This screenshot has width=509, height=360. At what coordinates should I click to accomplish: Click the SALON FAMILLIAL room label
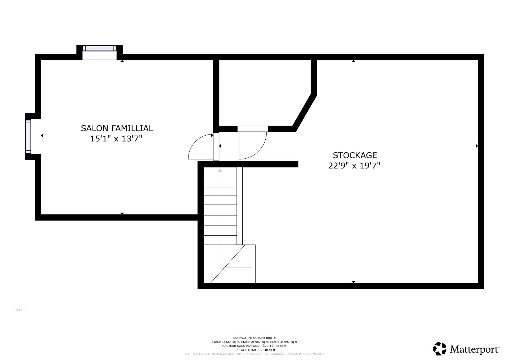click(117, 128)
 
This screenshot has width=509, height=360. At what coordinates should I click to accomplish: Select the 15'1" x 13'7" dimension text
click(116, 139)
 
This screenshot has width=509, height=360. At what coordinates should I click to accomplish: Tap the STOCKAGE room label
click(355, 155)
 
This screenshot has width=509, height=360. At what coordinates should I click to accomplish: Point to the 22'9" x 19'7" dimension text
click(354, 166)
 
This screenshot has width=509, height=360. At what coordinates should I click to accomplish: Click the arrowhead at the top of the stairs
click(220, 170)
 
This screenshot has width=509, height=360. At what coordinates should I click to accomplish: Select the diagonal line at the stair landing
click(228, 264)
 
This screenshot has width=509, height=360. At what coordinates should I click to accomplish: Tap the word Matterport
click(475, 349)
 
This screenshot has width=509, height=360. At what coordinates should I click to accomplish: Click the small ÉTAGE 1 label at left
click(20, 310)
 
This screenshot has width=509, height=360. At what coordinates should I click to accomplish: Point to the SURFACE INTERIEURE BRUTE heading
click(254, 338)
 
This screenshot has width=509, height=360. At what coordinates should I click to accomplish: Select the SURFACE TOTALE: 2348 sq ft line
click(254, 350)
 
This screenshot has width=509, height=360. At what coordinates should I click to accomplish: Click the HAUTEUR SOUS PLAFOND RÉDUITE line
click(254, 346)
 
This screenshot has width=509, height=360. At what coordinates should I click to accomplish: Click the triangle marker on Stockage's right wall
click(477, 146)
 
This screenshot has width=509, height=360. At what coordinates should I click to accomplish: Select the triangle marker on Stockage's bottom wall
click(353, 282)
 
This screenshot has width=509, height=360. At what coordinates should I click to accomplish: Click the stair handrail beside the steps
click(239, 206)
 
